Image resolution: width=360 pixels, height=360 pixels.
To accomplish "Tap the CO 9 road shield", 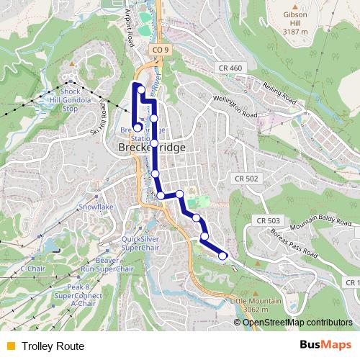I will click(161, 50).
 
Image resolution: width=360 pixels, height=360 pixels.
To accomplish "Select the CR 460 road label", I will click(230, 68).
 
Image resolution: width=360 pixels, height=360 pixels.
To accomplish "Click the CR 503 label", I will click(267, 220).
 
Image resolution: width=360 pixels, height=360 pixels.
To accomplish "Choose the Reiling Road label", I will click(279, 94).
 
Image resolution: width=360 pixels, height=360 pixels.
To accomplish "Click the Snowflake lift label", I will click(96, 206).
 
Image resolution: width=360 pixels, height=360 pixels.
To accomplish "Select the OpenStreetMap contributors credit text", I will click(297, 322).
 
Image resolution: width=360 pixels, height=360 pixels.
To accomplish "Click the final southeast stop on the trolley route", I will click(222, 255).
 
